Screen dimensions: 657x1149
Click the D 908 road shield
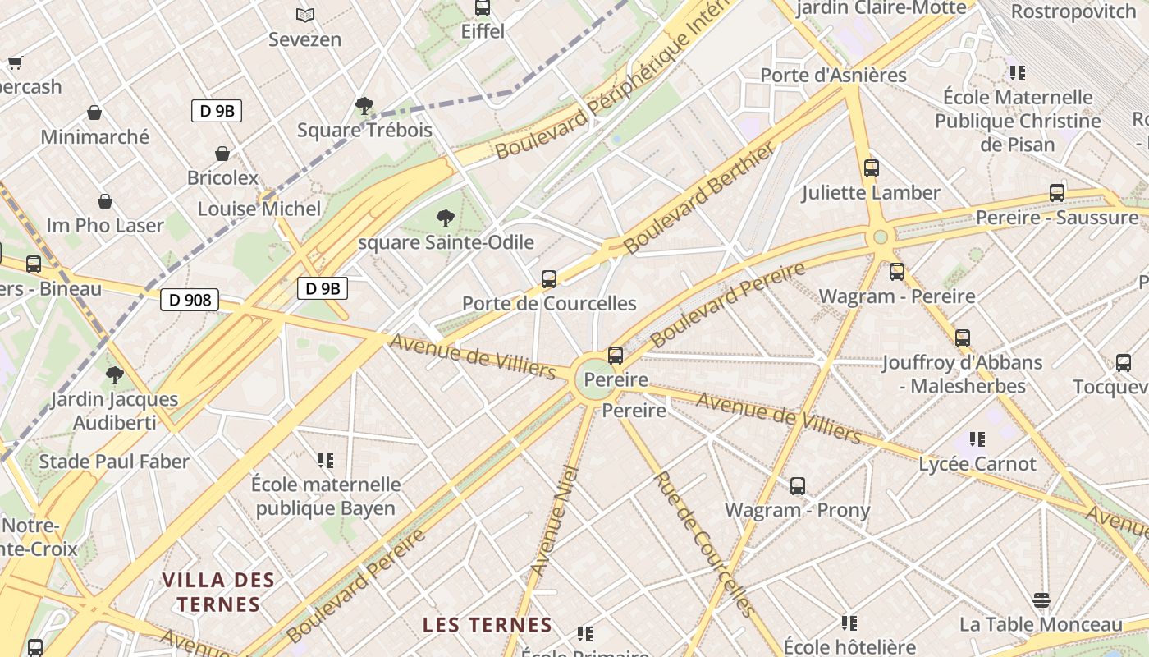coord(190,300)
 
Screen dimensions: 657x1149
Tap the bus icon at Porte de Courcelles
coord(549,278)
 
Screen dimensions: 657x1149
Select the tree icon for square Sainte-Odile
coord(446,218)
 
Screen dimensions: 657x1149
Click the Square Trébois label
coord(364,130)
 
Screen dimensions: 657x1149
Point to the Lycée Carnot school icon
coord(977,439)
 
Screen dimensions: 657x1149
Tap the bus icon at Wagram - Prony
coord(798,485)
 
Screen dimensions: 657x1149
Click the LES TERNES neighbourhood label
coord(488,624)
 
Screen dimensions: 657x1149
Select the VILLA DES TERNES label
coord(217,592)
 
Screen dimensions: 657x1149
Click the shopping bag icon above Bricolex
coord(222,154)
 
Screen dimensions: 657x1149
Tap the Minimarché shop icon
coord(94,113)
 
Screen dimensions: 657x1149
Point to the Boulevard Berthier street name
coord(698,198)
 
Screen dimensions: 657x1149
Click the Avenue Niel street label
coord(556,521)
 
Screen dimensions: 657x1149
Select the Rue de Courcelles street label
coord(703,544)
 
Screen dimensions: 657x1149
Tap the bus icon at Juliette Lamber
coord(872,168)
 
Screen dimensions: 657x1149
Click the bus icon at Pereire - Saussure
coord(1057,193)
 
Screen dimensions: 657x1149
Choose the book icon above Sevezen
coord(305,15)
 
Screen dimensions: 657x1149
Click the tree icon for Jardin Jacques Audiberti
coord(115,375)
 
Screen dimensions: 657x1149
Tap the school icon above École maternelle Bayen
coord(326,461)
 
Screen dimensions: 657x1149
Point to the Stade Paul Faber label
coord(114,462)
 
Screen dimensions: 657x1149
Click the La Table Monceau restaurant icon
coord(1041,600)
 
